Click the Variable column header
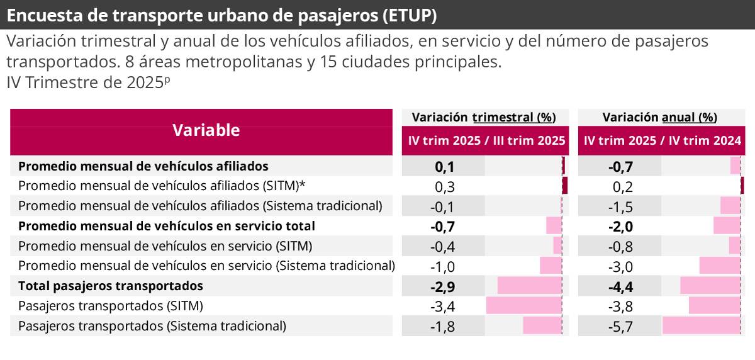coord(206,131)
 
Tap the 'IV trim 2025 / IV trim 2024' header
coord(662,141)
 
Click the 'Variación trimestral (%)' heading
coord(484,117)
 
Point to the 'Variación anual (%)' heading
coord(659,117)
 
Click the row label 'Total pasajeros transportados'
coord(111,286)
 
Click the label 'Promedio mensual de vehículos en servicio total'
coord(167,226)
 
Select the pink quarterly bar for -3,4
coord(523,306)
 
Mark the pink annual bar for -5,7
coord(701,326)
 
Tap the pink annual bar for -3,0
coord(720,266)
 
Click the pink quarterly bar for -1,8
coord(542,326)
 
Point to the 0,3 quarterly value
coord(444,186)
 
